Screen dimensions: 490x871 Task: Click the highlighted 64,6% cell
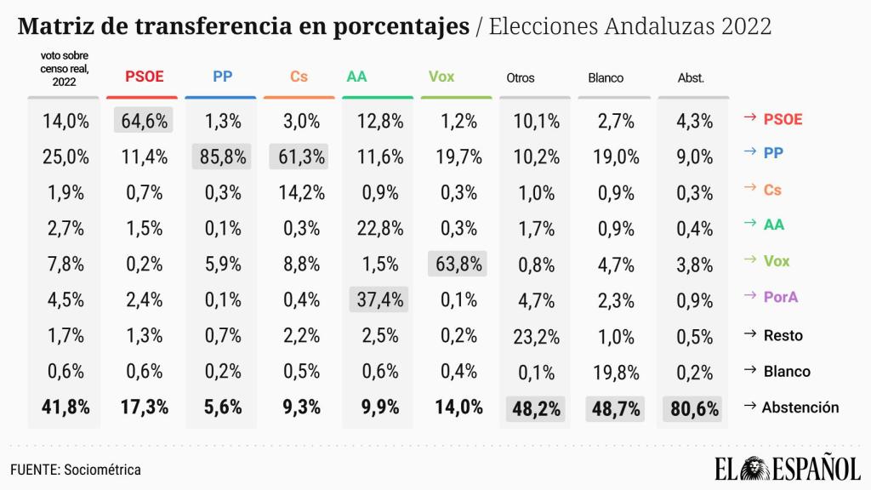click(x=143, y=120)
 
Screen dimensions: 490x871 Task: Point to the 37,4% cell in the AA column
click(x=379, y=299)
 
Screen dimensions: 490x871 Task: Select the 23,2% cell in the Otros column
click(x=536, y=335)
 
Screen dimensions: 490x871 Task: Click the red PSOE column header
click(x=142, y=77)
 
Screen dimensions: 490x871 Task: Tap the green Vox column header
click(x=441, y=77)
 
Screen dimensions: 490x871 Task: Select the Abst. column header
click(x=691, y=78)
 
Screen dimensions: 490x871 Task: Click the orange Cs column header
click(x=299, y=77)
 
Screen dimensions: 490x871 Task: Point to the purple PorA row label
click(x=785, y=299)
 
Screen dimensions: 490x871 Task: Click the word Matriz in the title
click(x=56, y=26)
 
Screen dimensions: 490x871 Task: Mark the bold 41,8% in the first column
click(x=65, y=407)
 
